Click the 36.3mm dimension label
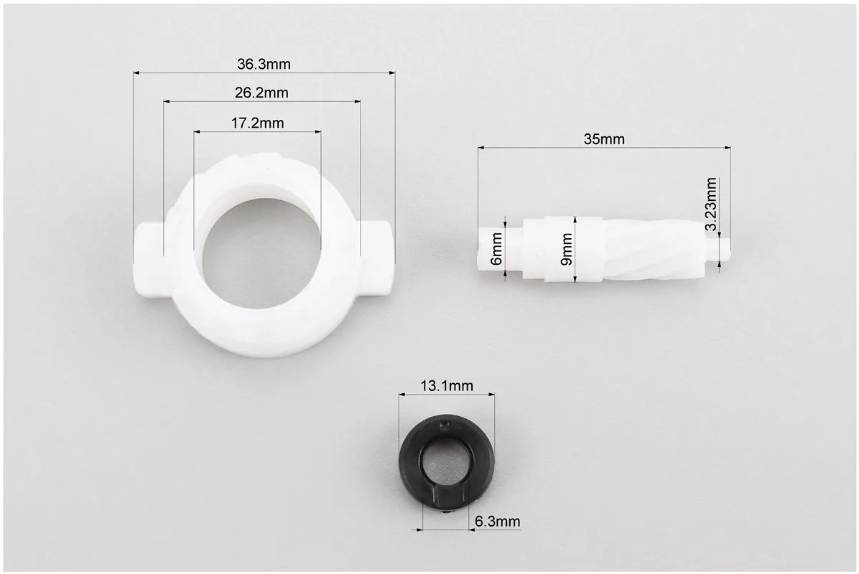coord(264,64)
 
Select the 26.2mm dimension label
coord(261,93)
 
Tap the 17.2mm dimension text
coord(257,123)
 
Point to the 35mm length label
coord(604,139)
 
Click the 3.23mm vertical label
coord(710,204)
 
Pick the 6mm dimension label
coord(496,249)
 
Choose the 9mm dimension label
coord(566,250)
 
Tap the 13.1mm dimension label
coord(447,386)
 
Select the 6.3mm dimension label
coord(498,522)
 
